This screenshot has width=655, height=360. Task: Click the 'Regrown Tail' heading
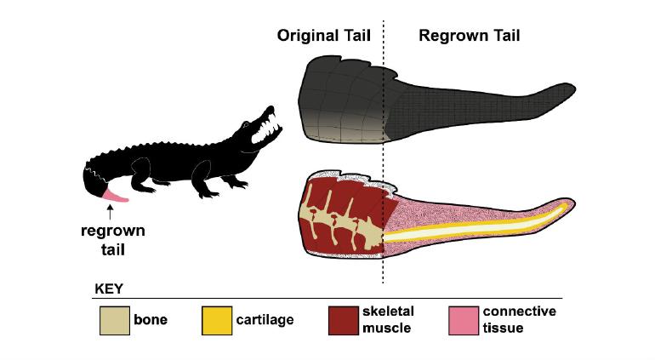coord(469,36)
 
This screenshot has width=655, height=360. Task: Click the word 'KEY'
coord(109,289)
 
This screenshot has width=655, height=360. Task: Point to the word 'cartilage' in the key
coord(266,320)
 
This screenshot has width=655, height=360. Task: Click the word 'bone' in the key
coord(150,320)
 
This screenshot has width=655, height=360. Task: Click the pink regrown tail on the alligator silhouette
coord(115,197)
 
